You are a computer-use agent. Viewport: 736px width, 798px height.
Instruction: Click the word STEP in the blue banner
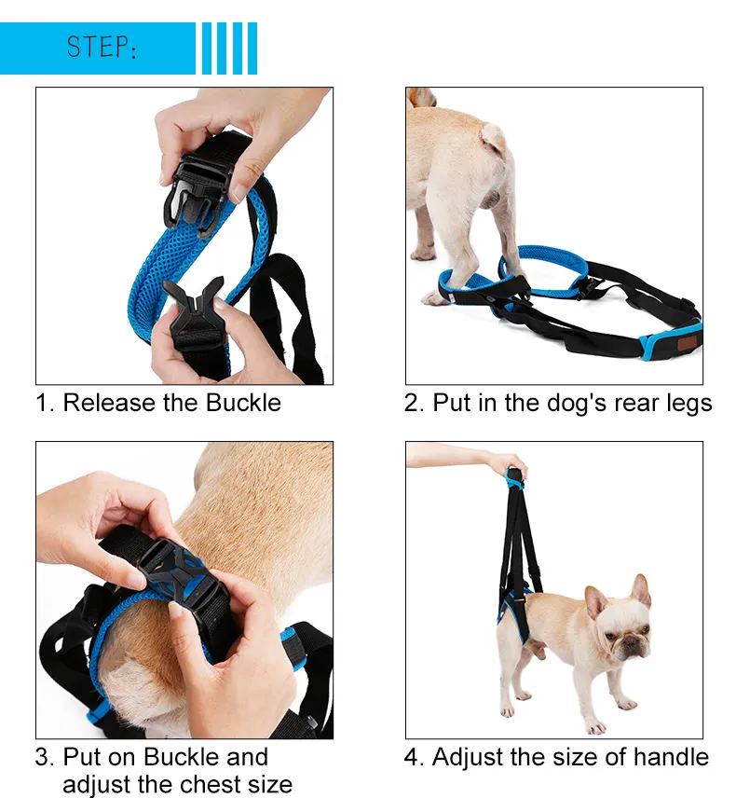pyautogui.click(x=97, y=47)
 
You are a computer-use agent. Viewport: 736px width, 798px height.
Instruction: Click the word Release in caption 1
pyautogui.click(x=109, y=403)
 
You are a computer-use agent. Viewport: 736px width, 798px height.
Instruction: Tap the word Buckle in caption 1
pyautogui.click(x=243, y=403)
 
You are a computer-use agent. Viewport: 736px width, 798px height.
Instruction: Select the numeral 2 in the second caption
pyautogui.click(x=411, y=403)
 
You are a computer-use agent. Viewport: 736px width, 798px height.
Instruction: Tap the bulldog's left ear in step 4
pyautogui.click(x=640, y=589)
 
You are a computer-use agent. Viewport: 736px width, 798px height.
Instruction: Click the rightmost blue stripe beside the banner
pyautogui.click(x=252, y=48)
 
